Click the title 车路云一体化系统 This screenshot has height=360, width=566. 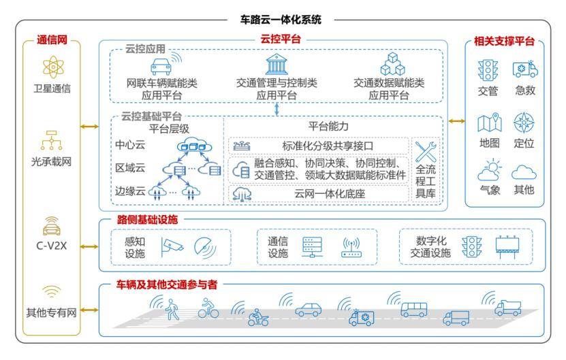(x=281, y=20)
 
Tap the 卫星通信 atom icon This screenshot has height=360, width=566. (x=53, y=67)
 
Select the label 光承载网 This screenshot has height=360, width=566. (x=51, y=161)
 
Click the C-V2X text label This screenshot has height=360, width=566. (x=51, y=246)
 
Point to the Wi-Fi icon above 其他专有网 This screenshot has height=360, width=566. (x=52, y=291)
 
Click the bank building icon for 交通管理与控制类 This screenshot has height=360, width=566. (x=277, y=64)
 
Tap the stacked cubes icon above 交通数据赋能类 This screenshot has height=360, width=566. (x=392, y=64)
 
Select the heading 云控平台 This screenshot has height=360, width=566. (x=281, y=39)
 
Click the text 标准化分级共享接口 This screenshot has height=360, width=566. (x=328, y=146)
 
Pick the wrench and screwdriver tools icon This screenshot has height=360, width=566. (x=426, y=152)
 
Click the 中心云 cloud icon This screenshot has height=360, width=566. (x=194, y=145)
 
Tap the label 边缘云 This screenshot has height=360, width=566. (x=130, y=191)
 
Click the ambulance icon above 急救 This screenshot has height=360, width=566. (x=525, y=69)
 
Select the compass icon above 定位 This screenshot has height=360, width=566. (x=523, y=122)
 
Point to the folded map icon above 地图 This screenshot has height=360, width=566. (x=490, y=122)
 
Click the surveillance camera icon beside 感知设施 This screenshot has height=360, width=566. (x=172, y=247)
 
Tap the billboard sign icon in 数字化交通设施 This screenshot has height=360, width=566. (x=507, y=246)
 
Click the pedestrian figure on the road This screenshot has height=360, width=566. (x=172, y=310)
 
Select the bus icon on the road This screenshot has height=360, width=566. (x=413, y=309)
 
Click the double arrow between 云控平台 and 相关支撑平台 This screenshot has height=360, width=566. (x=456, y=121)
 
